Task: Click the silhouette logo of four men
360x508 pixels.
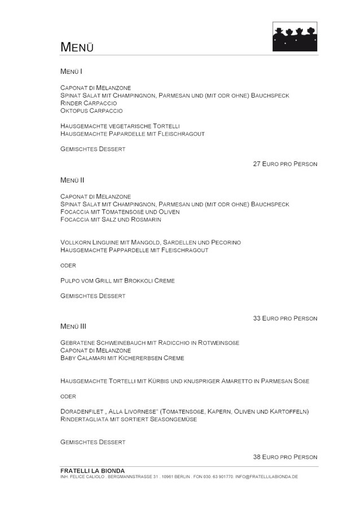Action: pyautogui.click(x=295, y=37)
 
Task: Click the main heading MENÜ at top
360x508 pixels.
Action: pyautogui.click(x=77, y=47)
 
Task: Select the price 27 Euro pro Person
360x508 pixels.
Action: pyautogui.click(x=285, y=164)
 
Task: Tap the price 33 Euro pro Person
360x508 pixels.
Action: pyautogui.click(x=285, y=318)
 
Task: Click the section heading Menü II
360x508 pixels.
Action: pyautogui.click(x=72, y=180)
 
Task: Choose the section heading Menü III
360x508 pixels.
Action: pyautogui.click(x=73, y=326)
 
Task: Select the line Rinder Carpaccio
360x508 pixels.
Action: pyautogui.click(x=89, y=103)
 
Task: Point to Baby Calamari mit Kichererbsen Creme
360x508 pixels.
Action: pyautogui.click(x=122, y=358)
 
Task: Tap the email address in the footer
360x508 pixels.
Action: pyautogui.click(x=266, y=476)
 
